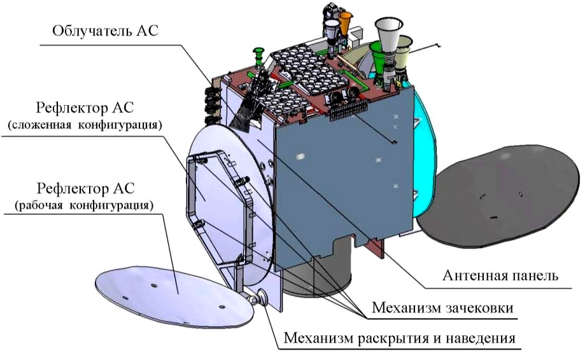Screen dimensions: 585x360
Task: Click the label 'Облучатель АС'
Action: tap(105, 31)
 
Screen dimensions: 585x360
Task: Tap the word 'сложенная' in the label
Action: tap(39, 125)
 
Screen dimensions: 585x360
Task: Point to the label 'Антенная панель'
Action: tap(500, 275)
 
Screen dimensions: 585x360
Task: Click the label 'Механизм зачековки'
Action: tap(442, 308)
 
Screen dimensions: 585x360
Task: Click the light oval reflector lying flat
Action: tap(174, 296)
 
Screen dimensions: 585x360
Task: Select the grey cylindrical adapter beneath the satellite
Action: tap(317, 268)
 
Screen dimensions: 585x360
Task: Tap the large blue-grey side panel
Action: tap(343, 175)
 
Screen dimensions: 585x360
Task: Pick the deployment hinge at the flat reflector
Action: tap(258, 298)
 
